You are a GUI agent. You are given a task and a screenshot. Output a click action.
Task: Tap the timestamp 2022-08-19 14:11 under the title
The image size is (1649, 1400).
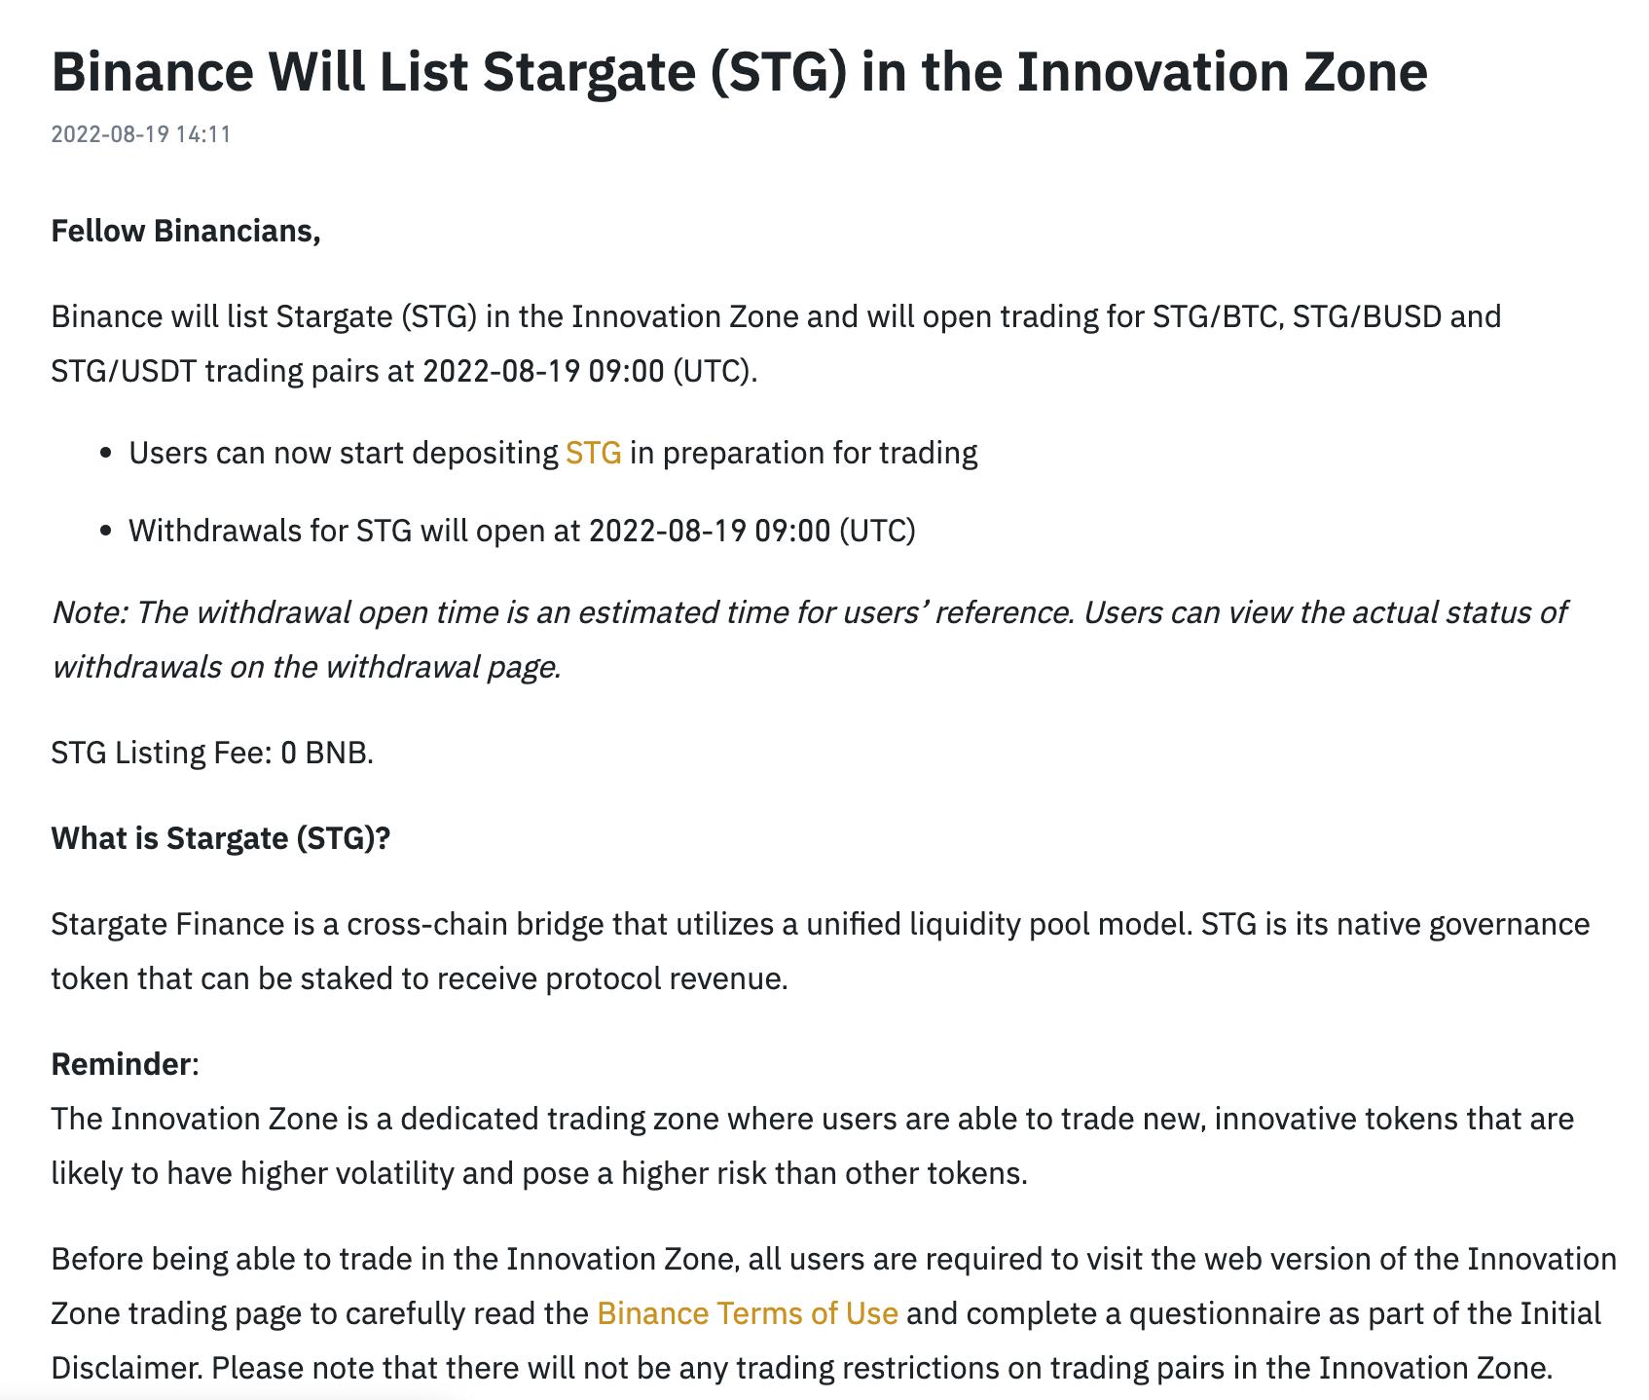pyautogui.click(x=141, y=134)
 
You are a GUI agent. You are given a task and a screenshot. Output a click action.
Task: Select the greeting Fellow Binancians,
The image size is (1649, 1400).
pyautogui.click(x=186, y=232)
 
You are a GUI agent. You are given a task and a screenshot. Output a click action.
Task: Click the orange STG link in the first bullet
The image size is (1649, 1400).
pyautogui.click(x=594, y=453)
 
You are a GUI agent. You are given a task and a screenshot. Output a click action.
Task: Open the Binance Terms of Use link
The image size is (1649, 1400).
pyautogui.click(x=748, y=1313)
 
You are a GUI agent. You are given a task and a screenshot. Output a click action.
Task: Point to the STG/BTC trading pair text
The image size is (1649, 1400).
pyautogui.click(x=1214, y=316)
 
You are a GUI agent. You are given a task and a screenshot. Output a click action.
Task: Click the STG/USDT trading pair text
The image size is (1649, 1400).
pyautogui.click(x=124, y=371)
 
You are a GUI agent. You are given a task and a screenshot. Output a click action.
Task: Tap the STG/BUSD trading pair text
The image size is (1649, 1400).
pyautogui.click(x=1367, y=316)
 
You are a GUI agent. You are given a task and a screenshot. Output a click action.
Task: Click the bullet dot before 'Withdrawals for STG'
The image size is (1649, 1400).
pyautogui.click(x=107, y=532)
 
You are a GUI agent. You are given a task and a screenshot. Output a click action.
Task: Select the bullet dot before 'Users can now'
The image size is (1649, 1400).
pyautogui.click(x=107, y=454)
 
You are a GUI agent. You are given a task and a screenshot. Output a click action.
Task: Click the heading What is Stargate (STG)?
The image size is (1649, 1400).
pyautogui.click(x=221, y=838)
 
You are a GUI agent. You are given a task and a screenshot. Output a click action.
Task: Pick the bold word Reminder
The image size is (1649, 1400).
pyautogui.click(x=122, y=1064)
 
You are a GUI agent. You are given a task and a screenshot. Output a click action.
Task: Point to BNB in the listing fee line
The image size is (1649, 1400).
pyautogui.click(x=339, y=753)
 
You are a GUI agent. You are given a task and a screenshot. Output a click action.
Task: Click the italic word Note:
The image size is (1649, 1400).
pyautogui.click(x=89, y=612)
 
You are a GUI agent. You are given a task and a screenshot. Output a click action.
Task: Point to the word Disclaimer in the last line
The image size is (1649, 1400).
pyautogui.click(x=127, y=1368)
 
